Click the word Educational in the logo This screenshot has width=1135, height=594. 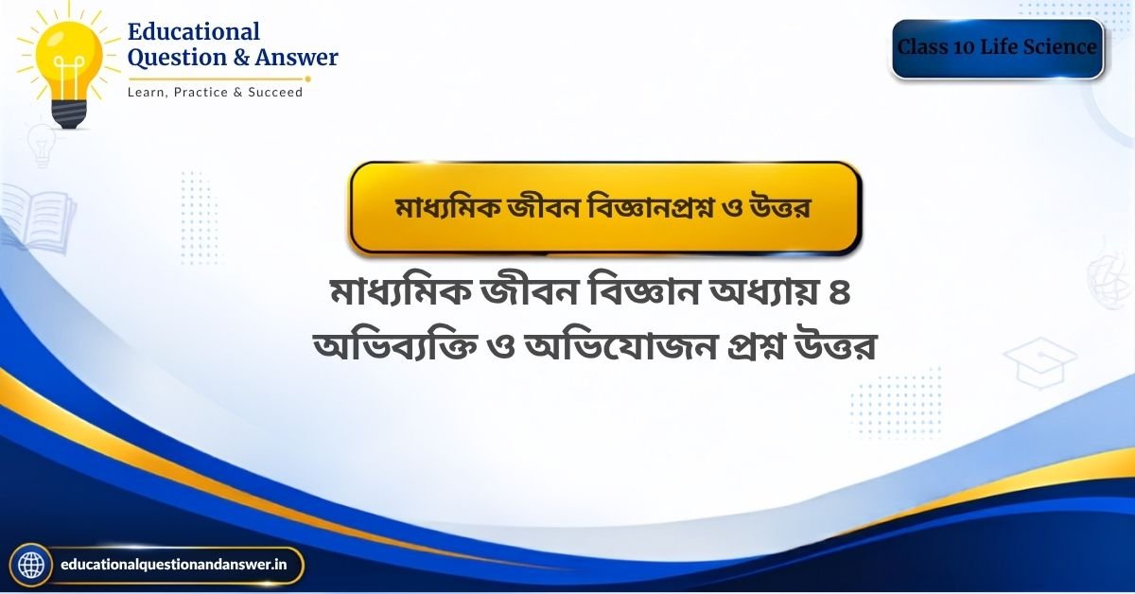(194, 31)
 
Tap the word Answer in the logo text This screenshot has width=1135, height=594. (296, 57)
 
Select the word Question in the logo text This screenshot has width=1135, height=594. (177, 58)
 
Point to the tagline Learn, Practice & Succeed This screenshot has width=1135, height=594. (215, 93)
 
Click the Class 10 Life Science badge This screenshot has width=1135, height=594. (997, 48)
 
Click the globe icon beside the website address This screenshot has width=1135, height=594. (31, 565)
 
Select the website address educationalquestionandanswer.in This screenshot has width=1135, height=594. (173, 565)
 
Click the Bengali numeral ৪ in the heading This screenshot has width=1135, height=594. (840, 293)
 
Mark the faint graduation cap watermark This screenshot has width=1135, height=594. (1040, 363)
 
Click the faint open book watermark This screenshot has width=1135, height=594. (38, 218)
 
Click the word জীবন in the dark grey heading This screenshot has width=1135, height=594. (530, 293)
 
